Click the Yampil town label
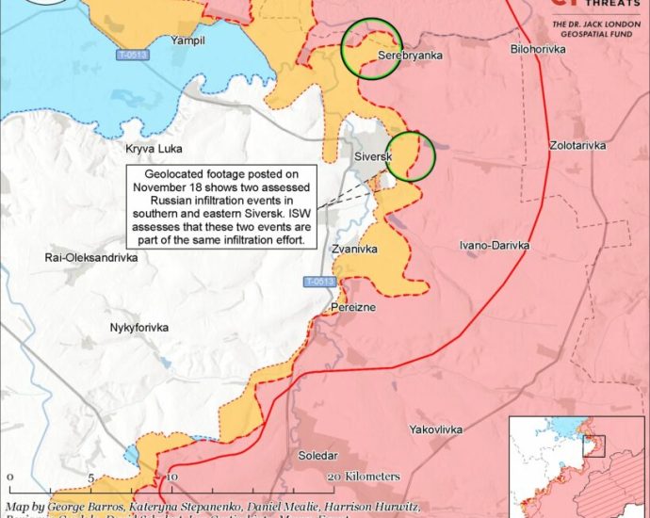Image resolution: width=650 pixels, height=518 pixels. [187, 40]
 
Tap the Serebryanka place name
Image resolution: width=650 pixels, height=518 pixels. [410, 57]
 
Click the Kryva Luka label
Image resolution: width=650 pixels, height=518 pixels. [154, 149]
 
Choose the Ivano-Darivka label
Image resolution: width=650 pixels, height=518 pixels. [494, 245]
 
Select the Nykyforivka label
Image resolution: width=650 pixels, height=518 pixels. [138, 327]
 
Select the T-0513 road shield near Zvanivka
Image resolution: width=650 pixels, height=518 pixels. [318, 282]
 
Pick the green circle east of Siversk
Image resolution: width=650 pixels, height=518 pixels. [410, 155]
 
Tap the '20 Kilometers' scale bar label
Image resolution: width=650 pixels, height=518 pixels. [365, 477]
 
